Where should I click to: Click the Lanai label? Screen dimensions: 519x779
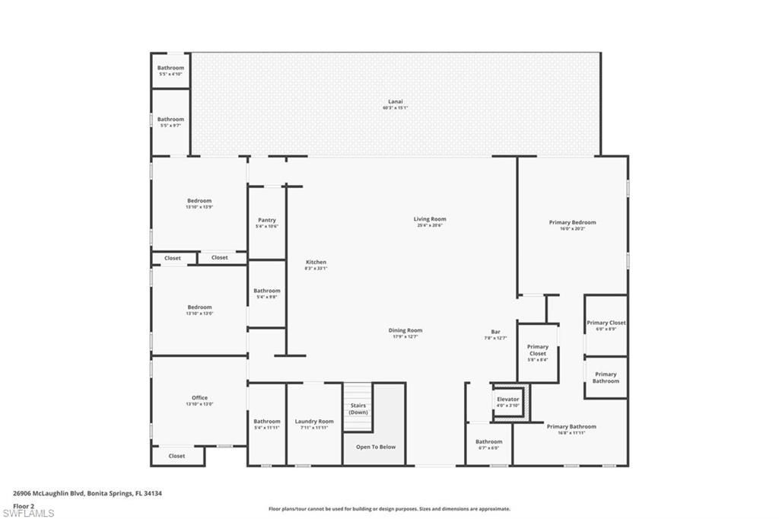pyautogui.click(x=395, y=104)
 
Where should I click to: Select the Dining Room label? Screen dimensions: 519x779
pyautogui.click(x=405, y=333)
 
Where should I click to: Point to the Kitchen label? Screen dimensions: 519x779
pyautogui.click(x=316, y=265)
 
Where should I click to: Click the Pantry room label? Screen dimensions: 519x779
pyautogui.click(x=266, y=222)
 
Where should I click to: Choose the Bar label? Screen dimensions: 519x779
pyautogui.click(x=495, y=334)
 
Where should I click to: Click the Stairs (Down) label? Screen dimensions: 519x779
pyautogui.click(x=358, y=409)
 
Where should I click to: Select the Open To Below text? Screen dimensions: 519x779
pyautogui.click(x=376, y=447)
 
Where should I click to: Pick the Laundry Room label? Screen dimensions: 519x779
pyautogui.click(x=314, y=424)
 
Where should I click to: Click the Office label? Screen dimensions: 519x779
pyautogui.click(x=199, y=400)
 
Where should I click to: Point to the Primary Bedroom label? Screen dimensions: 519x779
pyautogui.click(x=572, y=225)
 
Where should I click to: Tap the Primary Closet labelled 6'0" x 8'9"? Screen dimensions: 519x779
pyautogui.click(x=606, y=326)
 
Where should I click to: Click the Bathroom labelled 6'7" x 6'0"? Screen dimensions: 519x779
pyautogui.click(x=488, y=444)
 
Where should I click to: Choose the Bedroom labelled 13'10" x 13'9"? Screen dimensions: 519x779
pyautogui.click(x=199, y=203)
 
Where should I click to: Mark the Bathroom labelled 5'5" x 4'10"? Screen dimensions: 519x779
pyautogui.click(x=170, y=70)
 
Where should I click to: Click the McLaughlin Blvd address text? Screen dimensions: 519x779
pyautogui.click(x=87, y=493)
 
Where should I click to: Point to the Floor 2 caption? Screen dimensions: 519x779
pyautogui.click(x=24, y=505)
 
